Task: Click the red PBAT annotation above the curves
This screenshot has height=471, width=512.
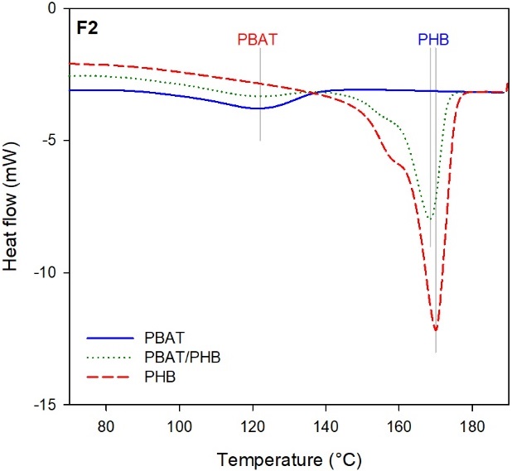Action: [x=258, y=39]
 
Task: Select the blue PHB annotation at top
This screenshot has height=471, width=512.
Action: [x=432, y=39]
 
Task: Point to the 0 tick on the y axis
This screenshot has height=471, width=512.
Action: [x=51, y=8]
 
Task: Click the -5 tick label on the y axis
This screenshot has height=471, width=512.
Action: [x=46, y=141]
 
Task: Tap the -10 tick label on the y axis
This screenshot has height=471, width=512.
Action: [x=43, y=273]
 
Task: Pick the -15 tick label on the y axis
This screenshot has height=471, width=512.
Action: [x=43, y=406]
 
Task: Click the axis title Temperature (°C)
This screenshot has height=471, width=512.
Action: [x=287, y=457]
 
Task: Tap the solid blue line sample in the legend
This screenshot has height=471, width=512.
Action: [x=109, y=339]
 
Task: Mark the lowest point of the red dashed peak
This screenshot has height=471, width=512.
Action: [x=436, y=329]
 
